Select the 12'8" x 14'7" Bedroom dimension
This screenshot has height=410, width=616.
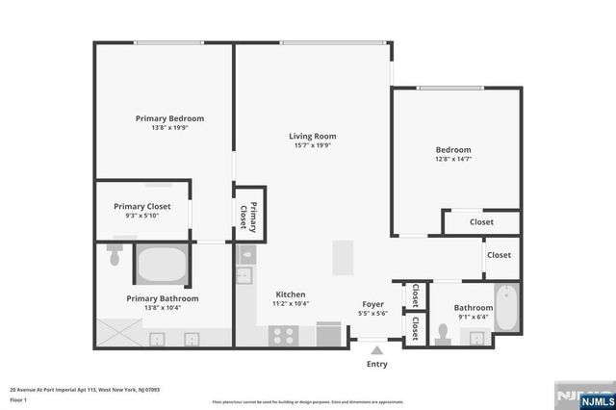452,160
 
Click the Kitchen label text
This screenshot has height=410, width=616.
291,294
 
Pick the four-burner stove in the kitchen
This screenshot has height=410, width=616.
284,334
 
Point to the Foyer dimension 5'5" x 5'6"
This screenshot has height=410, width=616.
373,313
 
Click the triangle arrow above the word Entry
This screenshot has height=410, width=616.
375,350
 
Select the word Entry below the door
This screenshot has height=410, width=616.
375,365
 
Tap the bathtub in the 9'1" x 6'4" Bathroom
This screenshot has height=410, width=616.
505,307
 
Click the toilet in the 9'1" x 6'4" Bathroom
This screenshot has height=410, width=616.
444,331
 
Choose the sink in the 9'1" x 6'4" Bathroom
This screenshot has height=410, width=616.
475,337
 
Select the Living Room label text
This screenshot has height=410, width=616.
312,136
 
